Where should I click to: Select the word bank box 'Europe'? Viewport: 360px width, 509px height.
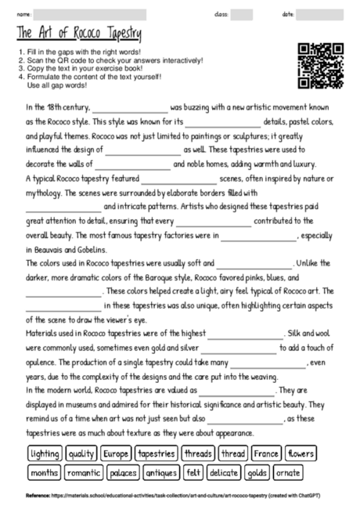[116, 453]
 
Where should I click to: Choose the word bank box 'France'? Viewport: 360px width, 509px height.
[266, 453]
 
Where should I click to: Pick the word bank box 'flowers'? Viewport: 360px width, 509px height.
[300, 453]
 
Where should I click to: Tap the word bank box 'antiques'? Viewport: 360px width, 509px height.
[161, 473]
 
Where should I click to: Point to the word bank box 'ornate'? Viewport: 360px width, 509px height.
[288, 473]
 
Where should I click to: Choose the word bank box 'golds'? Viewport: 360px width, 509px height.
[257, 473]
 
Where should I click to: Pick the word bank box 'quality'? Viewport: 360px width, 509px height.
[81, 453]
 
